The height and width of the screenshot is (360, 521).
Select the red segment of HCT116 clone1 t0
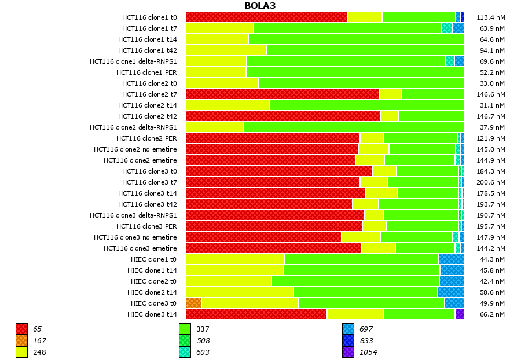[266, 17]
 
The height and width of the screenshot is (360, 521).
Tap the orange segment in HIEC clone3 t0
[193, 303]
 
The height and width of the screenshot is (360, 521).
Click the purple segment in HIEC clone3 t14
[459, 314]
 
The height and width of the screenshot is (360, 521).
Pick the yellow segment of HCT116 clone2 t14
[227, 105]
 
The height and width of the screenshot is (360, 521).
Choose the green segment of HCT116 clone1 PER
[354, 72]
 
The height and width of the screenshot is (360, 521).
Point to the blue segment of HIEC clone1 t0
[451, 259]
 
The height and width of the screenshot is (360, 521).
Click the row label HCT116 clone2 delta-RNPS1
[133, 127]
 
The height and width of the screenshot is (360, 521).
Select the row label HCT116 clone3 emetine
[140, 248]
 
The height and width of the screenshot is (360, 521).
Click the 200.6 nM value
[492, 182]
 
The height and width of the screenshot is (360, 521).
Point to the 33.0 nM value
[493, 83]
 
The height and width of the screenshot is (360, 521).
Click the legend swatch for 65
[21, 329]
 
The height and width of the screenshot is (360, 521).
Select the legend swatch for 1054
[348, 352]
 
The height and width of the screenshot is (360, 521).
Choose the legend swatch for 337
[185, 329]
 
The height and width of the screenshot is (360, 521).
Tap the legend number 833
[366, 341]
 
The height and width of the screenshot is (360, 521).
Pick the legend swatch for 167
[21, 341]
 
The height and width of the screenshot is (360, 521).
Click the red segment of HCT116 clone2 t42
[282, 116]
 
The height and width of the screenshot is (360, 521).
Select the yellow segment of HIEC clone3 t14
[355, 314]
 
